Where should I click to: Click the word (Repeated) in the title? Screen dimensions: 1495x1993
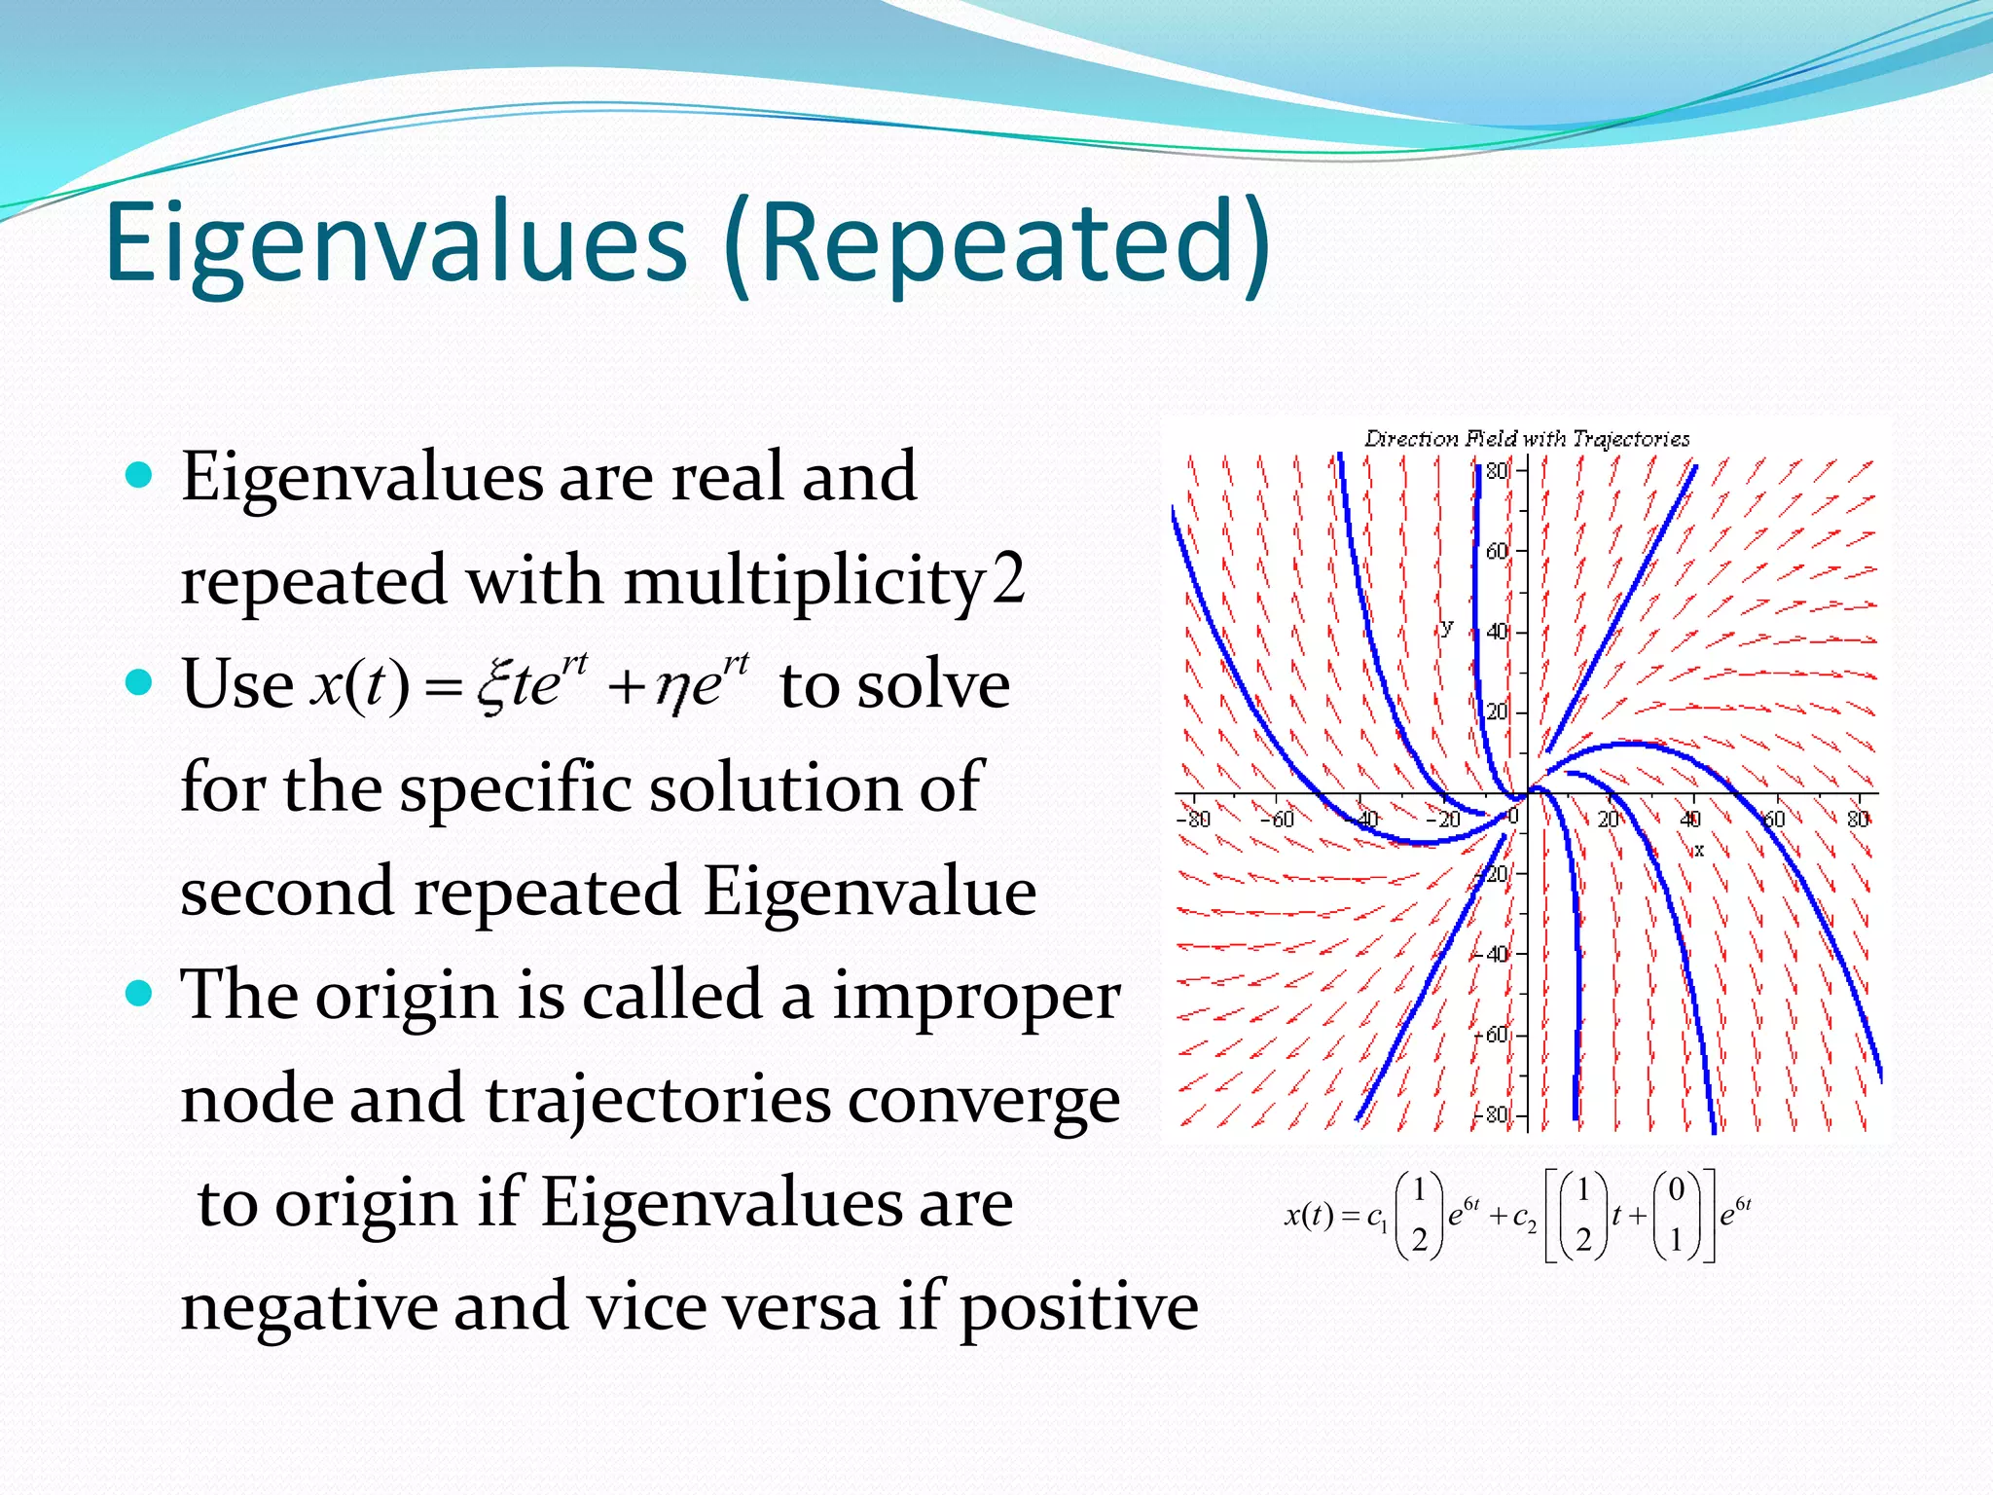coord(996,243)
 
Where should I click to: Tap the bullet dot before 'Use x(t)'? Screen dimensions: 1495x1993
coord(140,682)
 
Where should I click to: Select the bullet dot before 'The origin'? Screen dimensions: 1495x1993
coord(140,993)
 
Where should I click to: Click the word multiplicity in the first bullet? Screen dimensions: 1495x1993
coord(804,581)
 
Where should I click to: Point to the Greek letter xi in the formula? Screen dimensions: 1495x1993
coord(494,684)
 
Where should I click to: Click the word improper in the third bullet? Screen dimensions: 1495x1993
coord(975,997)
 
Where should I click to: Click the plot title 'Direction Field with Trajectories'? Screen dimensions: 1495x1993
coord(1526,439)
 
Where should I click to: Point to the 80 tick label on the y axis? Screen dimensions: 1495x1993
coord(1496,471)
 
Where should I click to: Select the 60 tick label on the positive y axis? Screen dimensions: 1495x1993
coord(1496,552)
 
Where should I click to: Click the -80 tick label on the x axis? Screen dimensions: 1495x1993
coord(1194,819)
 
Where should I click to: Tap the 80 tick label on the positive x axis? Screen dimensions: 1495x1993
coord(1857,819)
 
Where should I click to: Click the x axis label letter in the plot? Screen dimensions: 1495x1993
coord(1699,850)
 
